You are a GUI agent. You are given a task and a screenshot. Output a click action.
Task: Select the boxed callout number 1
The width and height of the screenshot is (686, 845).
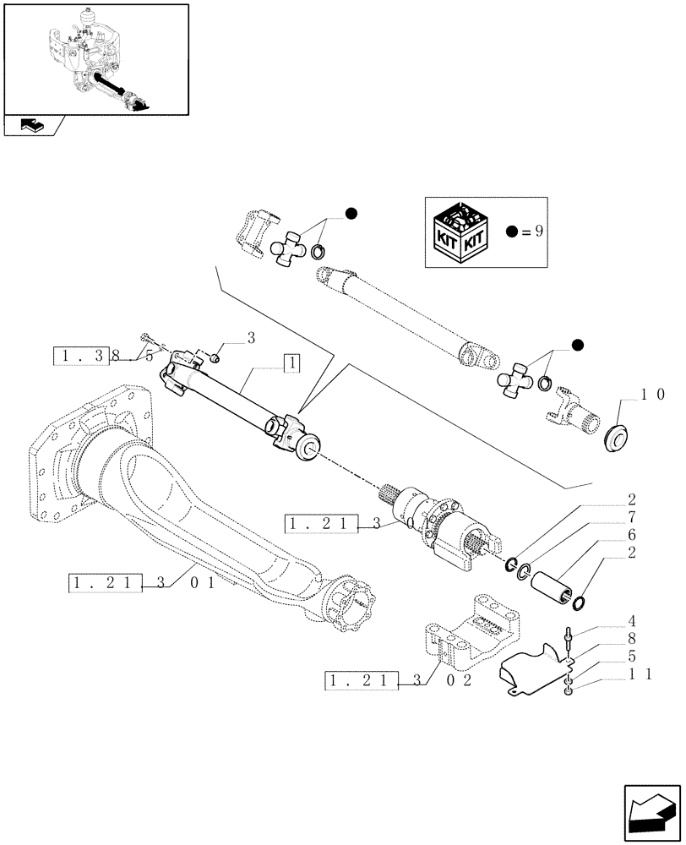[x=290, y=363]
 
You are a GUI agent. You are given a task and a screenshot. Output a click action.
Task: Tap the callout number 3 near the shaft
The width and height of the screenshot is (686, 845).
[x=251, y=338]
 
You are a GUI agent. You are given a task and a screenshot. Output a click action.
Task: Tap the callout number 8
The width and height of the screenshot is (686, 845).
[x=631, y=641]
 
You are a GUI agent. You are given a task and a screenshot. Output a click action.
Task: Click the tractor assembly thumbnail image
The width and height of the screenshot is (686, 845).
[x=95, y=59]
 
